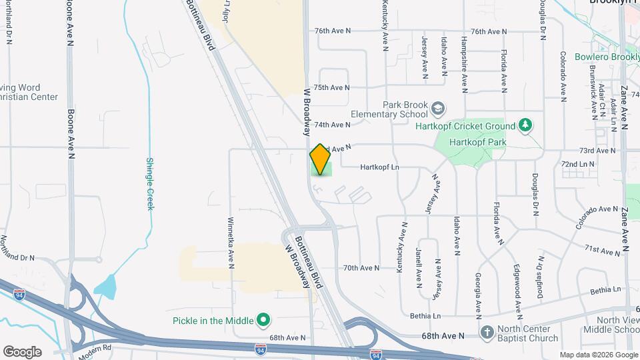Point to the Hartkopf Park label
tap(477, 142)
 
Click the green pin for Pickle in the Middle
tap(263, 321)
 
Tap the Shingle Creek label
tap(151, 183)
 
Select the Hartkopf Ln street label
tap(379, 167)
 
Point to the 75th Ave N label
tap(331, 87)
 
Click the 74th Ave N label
tap(332, 125)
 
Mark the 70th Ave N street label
tap(361, 268)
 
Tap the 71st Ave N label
tap(601, 251)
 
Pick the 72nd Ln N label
tap(577, 163)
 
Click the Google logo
tap(22, 351)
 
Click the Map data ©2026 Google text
tap(598, 355)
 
